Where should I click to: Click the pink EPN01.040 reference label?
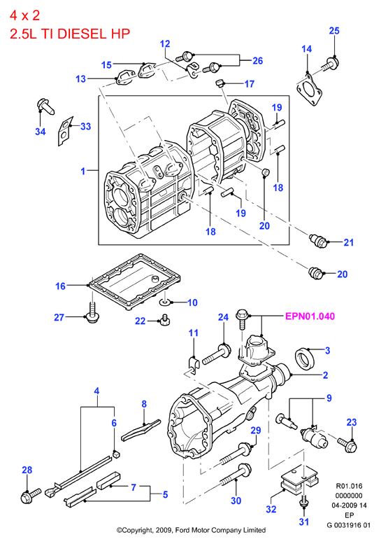point(310,316)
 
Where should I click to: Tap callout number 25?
point(334,31)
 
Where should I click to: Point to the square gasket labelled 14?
point(308,89)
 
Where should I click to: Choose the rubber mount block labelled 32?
point(299,480)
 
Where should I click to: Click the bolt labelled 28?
point(31,496)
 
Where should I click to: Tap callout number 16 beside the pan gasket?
point(60,286)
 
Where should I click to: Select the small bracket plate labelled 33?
point(65,131)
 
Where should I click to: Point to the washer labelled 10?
point(165,302)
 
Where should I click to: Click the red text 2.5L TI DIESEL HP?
point(70,34)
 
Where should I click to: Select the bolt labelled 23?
point(347,445)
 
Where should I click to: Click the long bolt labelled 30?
point(236,475)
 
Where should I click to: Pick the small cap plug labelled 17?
point(219,83)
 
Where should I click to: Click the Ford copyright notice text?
point(191,530)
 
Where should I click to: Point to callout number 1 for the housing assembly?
point(82,171)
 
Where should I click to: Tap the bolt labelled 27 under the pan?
point(92,312)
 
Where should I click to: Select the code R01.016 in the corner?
point(349,486)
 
